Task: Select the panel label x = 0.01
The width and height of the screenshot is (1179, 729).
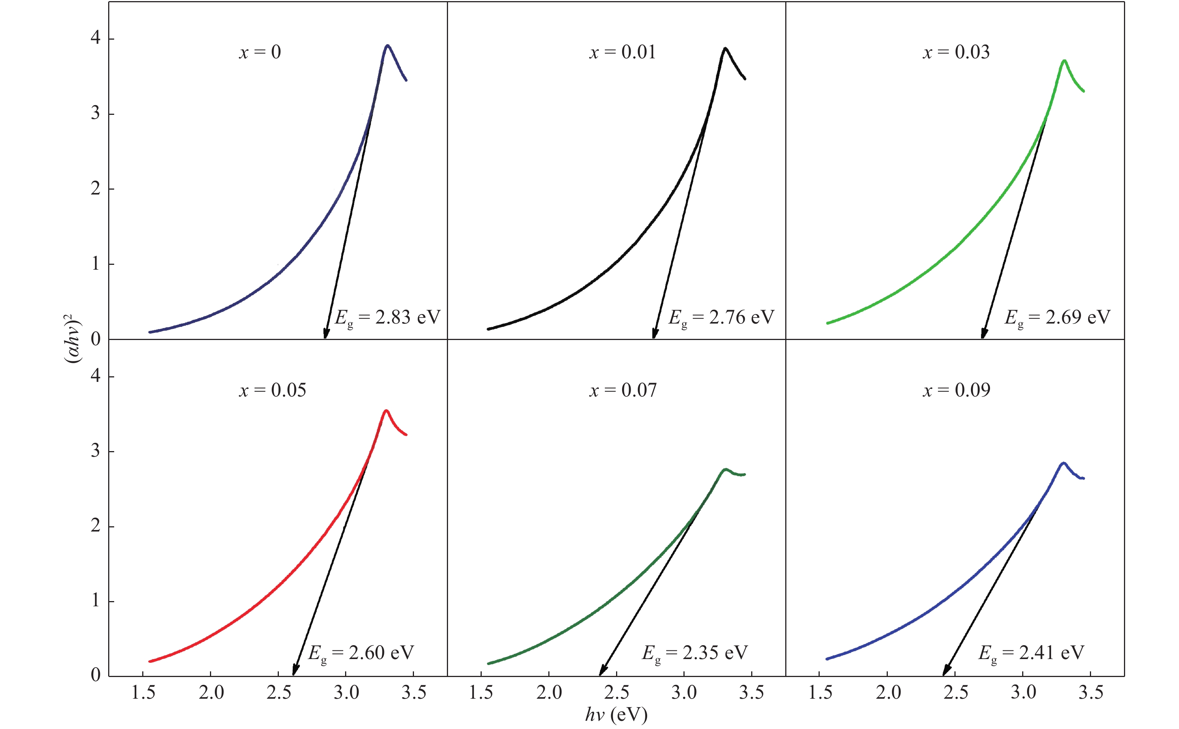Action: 622,52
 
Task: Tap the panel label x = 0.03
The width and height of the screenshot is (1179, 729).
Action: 956,52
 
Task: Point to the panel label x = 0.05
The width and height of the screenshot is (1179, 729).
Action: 272,390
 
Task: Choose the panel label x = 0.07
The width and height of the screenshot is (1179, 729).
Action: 623,390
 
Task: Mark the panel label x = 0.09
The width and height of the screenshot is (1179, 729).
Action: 957,390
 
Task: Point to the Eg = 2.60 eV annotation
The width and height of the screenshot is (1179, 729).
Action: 361,653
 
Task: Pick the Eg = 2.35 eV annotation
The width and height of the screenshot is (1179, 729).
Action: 695,653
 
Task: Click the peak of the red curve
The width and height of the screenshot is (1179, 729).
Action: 386,411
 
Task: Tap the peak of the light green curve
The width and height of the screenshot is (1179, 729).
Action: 1064,61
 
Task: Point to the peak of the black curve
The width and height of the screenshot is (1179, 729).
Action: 725,48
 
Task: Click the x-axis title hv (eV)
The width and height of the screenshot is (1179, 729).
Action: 616,714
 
